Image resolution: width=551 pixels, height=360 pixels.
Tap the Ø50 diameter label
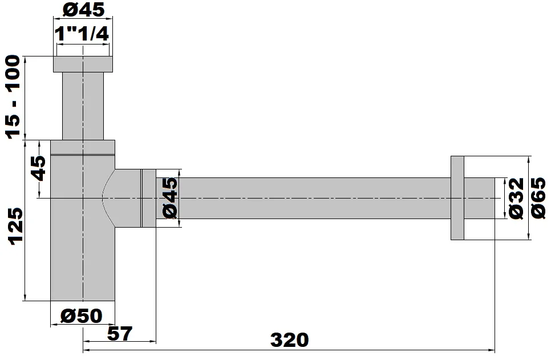point(81,315)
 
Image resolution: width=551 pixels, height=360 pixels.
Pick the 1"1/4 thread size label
point(82,34)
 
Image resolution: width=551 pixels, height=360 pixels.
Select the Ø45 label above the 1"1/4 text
point(82,10)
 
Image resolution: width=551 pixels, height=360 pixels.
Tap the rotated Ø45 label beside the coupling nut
point(171,197)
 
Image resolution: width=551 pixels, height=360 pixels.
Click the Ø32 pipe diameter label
point(516,198)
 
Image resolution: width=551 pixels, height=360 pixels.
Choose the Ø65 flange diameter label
point(538,197)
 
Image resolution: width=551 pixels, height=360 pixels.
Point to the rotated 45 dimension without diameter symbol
point(39,168)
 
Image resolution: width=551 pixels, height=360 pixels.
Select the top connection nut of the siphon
point(82,64)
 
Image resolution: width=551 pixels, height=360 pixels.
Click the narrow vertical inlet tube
point(83,106)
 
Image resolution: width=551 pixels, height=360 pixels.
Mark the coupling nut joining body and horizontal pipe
point(148,197)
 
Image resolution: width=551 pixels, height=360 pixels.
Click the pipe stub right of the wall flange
point(480,197)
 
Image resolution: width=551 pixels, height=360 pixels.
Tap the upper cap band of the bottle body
point(83,147)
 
